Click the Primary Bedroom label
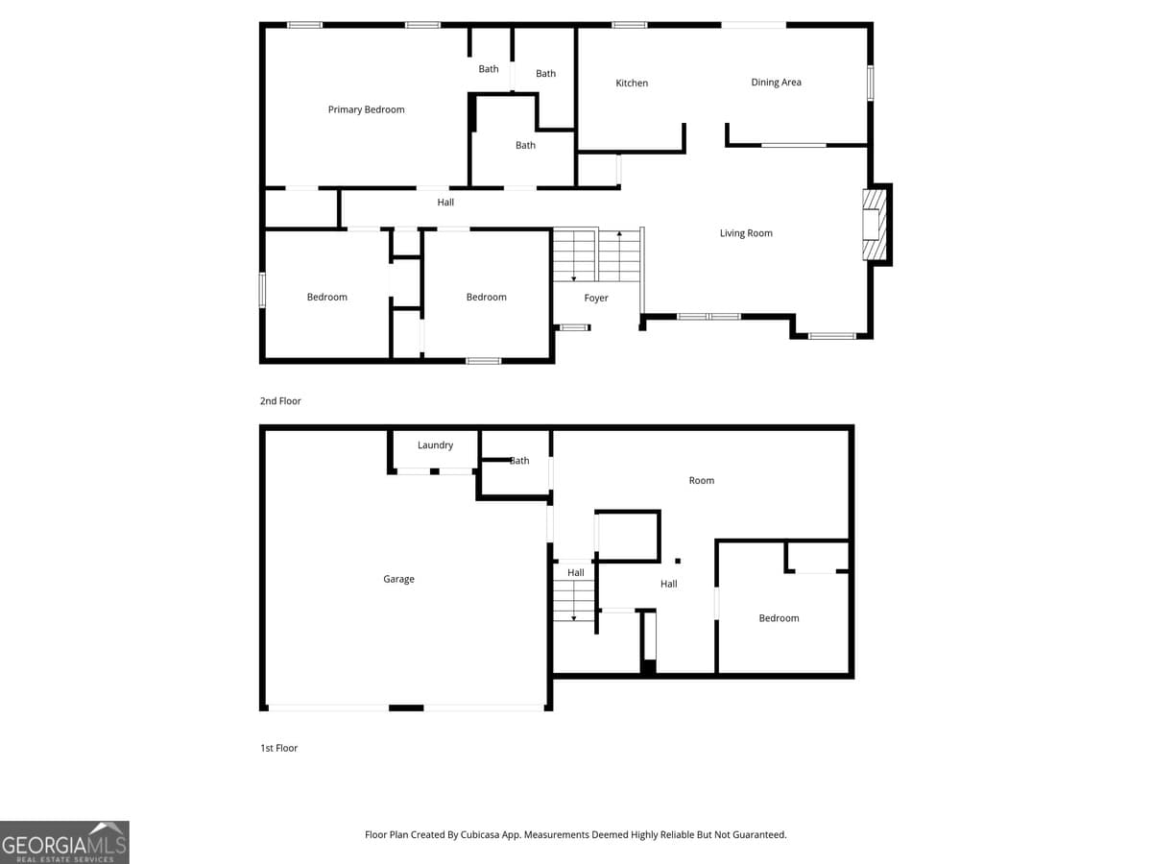(x=366, y=109)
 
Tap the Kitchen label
(x=632, y=84)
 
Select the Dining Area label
(x=776, y=83)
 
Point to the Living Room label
(x=746, y=233)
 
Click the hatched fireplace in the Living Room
(x=873, y=225)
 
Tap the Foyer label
(x=596, y=299)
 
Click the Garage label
(x=398, y=579)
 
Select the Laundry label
(x=435, y=445)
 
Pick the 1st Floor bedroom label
(x=779, y=618)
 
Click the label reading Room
(x=702, y=480)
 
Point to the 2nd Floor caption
(x=280, y=401)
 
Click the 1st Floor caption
(x=278, y=748)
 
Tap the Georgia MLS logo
(x=64, y=842)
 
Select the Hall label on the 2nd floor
(x=445, y=203)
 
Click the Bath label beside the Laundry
(x=519, y=461)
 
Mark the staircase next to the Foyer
(x=596, y=255)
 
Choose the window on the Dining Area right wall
(x=870, y=83)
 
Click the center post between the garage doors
(x=406, y=708)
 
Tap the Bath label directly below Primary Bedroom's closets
(x=525, y=146)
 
